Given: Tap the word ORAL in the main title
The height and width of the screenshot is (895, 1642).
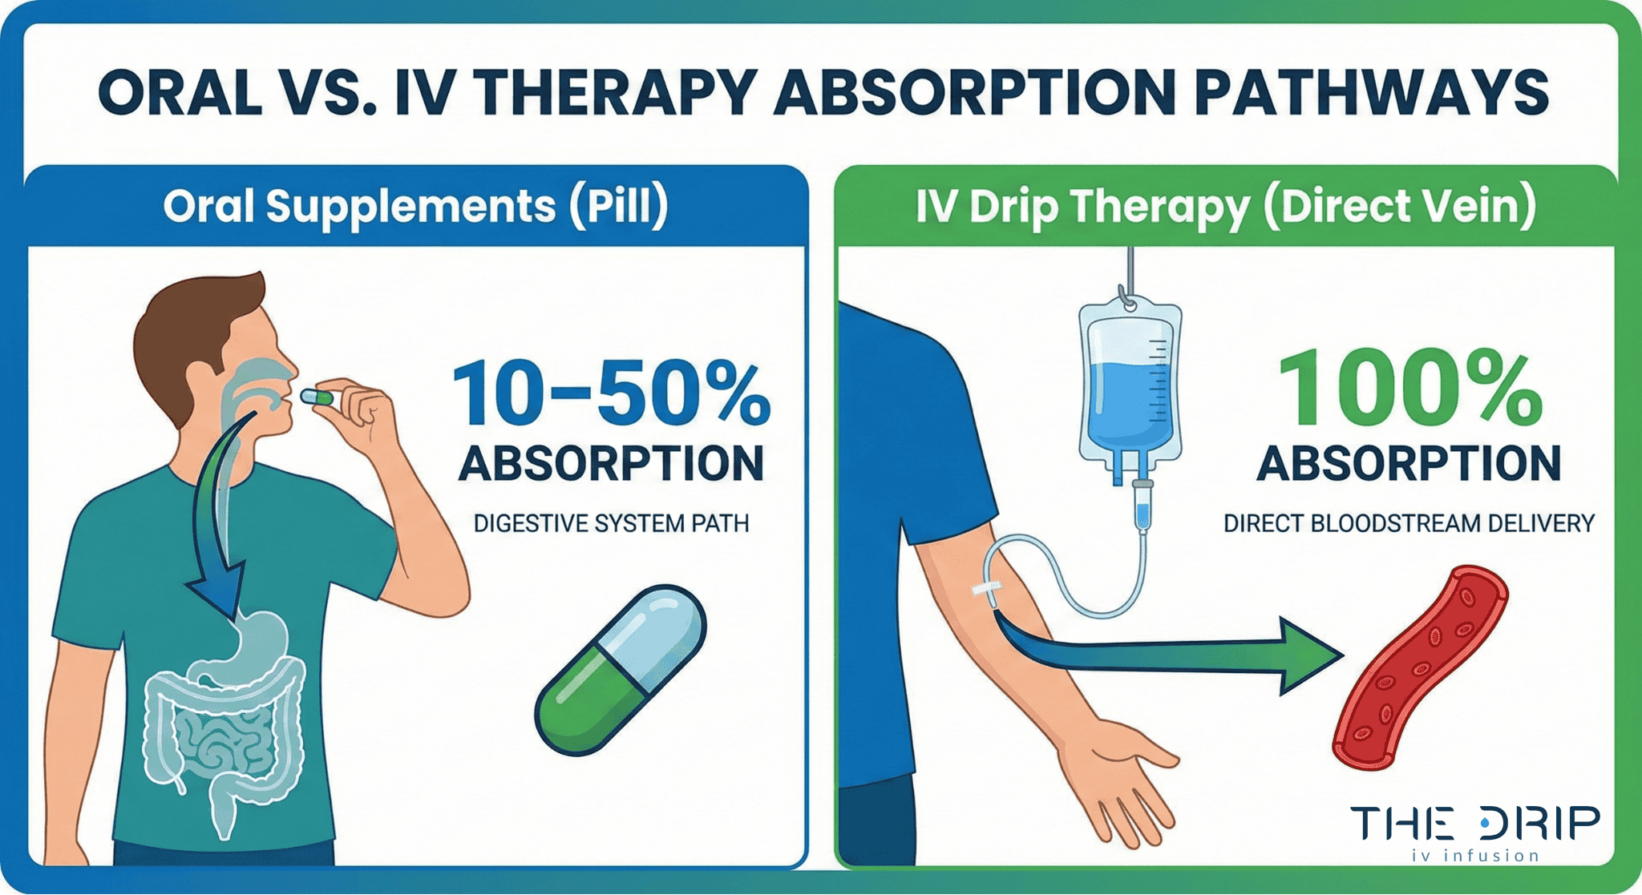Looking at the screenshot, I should pos(180,91).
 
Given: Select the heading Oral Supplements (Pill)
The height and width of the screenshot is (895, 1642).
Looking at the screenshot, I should pos(415,206).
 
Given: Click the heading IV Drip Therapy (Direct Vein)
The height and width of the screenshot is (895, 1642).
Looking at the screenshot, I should pos(1226,206).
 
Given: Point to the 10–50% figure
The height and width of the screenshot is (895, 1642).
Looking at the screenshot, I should pos(611,394).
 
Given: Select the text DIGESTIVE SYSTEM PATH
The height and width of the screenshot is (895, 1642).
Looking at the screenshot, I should pos(611,523).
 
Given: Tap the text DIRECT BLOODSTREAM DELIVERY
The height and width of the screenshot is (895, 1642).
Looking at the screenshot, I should pos(1409,523).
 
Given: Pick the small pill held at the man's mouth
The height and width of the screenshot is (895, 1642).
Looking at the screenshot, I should pos(317,397).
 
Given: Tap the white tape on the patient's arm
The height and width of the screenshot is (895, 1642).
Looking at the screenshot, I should pos(987,588).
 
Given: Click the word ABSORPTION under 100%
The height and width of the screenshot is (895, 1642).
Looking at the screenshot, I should pos(1409,463).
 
